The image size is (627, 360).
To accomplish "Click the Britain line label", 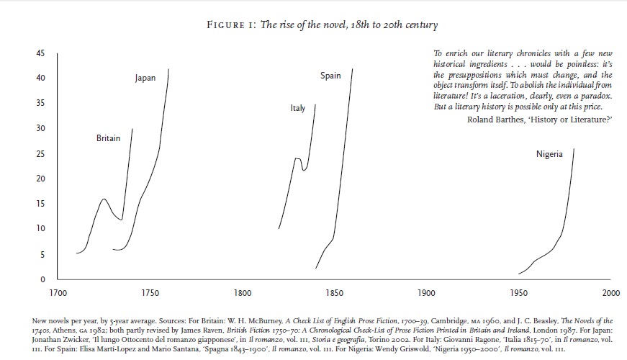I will [x=108, y=138].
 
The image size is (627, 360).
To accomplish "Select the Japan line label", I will [x=145, y=78].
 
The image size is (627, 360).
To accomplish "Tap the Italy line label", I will [x=297, y=109].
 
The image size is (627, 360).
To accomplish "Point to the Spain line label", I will [x=330, y=76].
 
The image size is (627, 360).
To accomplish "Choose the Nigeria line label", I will [x=549, y=154].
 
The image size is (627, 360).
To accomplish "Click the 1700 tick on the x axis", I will [x=58, y=293].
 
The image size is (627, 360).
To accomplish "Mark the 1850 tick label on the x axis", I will [x=334, y=293].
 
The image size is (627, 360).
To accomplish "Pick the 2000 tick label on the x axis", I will [x=610, y=293].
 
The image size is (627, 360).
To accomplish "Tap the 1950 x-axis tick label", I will [x=518, y=293].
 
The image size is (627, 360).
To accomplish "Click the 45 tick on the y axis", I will [x=40, y=53].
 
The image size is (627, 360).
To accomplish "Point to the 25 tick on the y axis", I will [x=40, y=153].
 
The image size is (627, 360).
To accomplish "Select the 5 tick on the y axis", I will [x=42, y=254].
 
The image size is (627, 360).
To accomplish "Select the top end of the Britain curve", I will [x=132, y=129].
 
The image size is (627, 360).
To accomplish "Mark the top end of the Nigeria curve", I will [x=574, y=149].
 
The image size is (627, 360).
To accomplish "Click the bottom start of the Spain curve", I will [x=316, y=269].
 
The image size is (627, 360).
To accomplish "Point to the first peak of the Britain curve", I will [x=104, y=199].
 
